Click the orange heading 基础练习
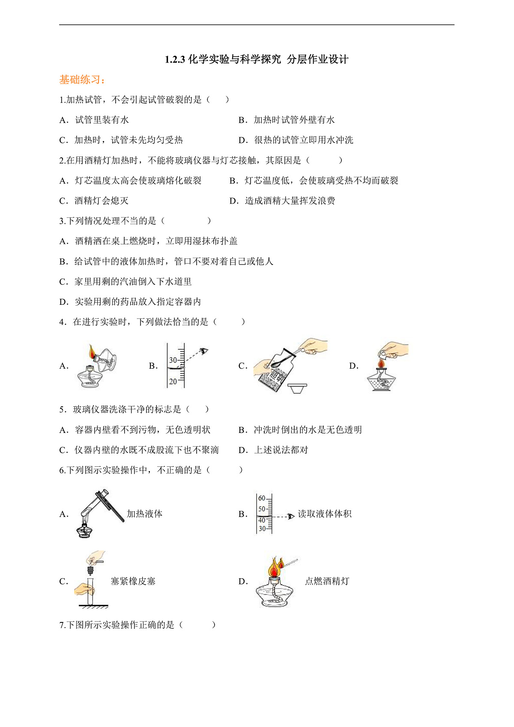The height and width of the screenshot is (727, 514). (82, 80)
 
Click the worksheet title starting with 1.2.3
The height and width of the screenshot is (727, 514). (257, 59)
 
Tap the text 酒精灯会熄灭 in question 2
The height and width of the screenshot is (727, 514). (101, 201)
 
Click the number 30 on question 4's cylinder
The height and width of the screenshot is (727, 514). (173, 360)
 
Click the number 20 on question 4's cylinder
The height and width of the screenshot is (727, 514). (173, 381)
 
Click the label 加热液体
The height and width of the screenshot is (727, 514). (144, 514)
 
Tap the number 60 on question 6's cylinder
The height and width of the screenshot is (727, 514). (262, 499)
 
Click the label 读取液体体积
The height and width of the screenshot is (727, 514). (325, 514)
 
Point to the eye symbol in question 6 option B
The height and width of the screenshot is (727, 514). (291, 516)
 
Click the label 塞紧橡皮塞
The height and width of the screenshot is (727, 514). (133, 581)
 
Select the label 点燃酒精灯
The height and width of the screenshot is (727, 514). (327, 581)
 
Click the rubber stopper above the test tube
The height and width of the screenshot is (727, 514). (90, 571)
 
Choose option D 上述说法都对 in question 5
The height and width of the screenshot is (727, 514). (281, 450)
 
